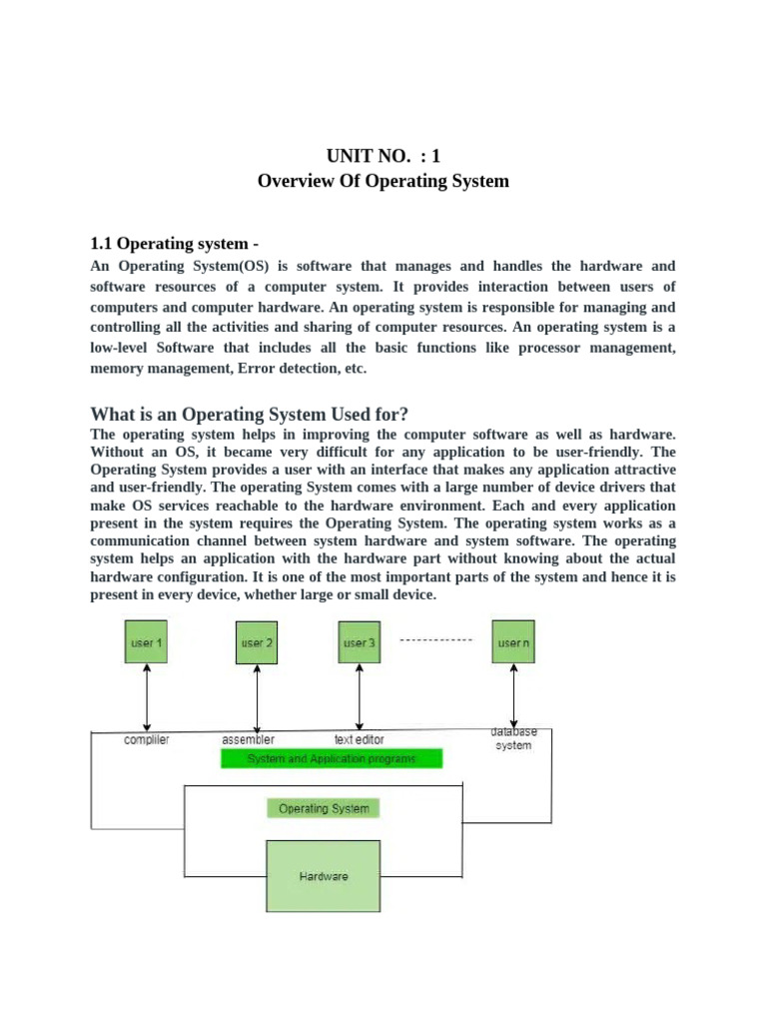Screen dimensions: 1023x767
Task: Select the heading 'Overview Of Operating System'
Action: [383, 181]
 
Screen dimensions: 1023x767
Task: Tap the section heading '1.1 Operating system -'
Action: [176, 243]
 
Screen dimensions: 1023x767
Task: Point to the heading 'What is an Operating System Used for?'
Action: [250, 414]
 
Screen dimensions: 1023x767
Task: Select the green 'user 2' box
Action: [257, 642]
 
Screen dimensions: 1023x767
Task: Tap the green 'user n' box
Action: [513, 642]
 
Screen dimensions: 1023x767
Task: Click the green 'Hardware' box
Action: [323, 876]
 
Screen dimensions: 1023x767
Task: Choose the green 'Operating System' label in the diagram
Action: [323, 808]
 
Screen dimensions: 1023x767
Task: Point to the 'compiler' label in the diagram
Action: [146, 740]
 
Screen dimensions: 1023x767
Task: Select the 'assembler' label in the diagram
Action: [248, 740]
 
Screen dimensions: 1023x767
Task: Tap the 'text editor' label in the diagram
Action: [359, 740]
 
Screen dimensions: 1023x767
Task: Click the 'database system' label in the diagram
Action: [513, 738]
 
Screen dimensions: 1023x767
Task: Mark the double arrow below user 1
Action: [148, 697]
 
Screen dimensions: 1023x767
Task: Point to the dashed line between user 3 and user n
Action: [435, 638]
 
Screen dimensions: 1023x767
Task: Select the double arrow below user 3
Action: [359, 697]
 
